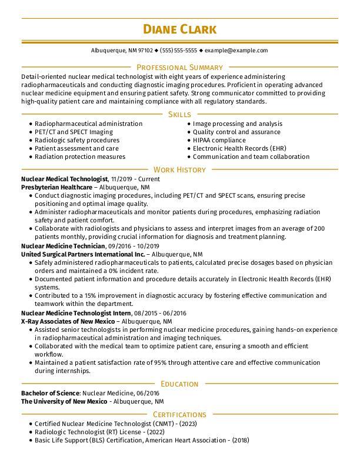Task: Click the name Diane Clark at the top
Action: [x=179, y=29]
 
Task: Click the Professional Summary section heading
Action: [x=179, y=68]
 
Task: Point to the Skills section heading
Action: [x=179, y=114]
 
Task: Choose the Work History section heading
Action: [x=179, y=170]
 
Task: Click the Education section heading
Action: [x=179, y=384]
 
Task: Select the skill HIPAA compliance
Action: [x=219, y=141]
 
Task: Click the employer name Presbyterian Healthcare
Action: [x=56, y=187]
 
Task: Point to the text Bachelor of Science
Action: [x=50, y=392]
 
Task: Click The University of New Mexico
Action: [x=64, y=401]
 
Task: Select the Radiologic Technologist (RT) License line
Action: [x=97, y=431]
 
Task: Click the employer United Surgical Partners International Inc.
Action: [x=82, y=254]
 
